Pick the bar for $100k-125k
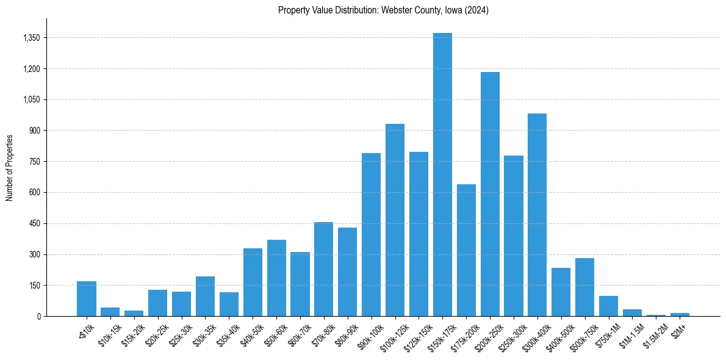pyautogui.click(x=395, y=220)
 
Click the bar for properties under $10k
pyautogui.click(x=87, y=299)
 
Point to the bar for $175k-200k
pyautogui.click(x=466, y=250)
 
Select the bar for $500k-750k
pyautogui.click(x=584, y=287)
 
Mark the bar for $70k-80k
pyautogui.click(x=323, y=269)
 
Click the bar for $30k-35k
pyautogui.click(x=205, y=297)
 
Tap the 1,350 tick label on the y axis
pyautogui.click(x=31, y=38)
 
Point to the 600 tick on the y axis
pyautogui.click(x=34, y=193)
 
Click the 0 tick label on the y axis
pyautogui.click(x=38, y=317)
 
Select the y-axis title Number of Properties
pyautogui.click(x=10, y=168)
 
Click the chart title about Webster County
pyautogui.click(x=383, y=10)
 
